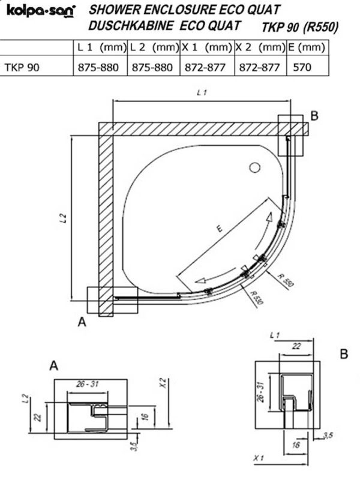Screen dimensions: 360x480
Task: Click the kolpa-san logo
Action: [x=41, y=11]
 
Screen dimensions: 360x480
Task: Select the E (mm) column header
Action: [x=307, y=47]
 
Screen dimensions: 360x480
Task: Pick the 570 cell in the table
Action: [x=302, y=67]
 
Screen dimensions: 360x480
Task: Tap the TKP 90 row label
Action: [x=22, y=67]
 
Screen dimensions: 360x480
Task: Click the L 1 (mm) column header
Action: [x=101, y=47]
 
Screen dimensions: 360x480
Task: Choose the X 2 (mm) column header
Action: [x=260, y=47]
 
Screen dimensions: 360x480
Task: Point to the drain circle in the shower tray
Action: [x=254, y=167]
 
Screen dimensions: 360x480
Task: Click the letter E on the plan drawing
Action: [x=219, y=229]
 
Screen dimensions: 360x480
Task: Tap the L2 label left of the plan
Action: [x=64, y=218]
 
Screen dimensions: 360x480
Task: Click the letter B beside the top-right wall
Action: [x=314, y=116]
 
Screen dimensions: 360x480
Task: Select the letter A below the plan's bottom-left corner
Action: [x=82, y=322]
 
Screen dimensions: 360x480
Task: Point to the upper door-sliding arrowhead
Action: [x=269, y=217]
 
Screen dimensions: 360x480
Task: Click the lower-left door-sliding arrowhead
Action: [x=201, y=280]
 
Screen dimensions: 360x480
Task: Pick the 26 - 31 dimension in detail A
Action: [x=88, y=384]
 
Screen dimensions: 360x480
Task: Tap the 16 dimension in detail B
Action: [x=296, y=445]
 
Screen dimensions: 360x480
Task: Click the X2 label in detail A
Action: [x=164, y=383]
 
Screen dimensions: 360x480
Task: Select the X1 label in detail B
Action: [x=259, y=458]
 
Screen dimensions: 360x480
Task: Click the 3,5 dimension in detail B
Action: [x=327, y=436]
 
